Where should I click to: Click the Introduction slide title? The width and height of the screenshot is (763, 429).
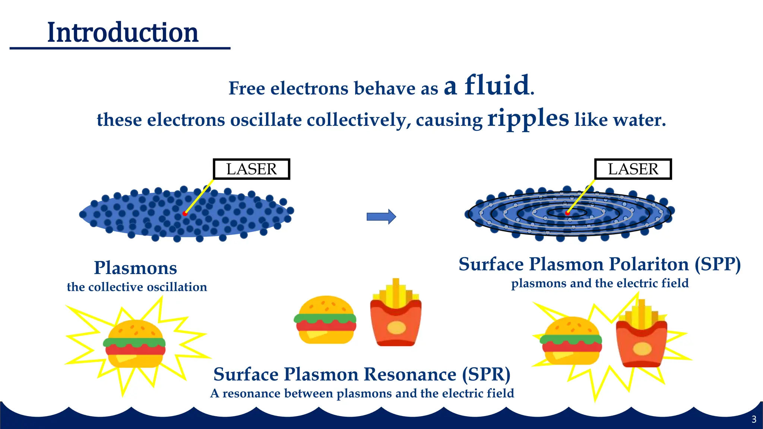click(123, 33)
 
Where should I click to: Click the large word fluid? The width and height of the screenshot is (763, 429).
click(497, 86)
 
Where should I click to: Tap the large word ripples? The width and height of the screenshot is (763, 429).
click(528, 118)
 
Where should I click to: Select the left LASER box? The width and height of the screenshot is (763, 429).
click(251, 169)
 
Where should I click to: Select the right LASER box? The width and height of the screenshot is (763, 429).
click(633, 169)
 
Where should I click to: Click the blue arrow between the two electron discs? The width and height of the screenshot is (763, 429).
click(381, 217)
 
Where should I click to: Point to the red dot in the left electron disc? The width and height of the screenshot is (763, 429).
click(185, 213)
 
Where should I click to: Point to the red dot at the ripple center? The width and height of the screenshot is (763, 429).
click(567, 213)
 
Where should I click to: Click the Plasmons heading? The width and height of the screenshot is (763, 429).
click(135, 268)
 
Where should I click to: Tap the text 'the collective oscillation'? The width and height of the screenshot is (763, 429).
click(137, 287)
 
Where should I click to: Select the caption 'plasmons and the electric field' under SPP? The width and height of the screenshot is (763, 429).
click(599, 283)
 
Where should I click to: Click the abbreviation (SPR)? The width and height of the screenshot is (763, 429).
click(486, 375)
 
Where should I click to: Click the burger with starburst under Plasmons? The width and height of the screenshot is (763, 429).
click(134, 344)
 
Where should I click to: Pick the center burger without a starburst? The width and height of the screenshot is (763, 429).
click(325, 320)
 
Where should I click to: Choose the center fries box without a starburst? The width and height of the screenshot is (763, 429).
click(396, 317)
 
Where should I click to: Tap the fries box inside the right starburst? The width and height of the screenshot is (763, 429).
click(641, 339)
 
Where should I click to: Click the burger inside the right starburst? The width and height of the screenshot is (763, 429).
click(571, 341)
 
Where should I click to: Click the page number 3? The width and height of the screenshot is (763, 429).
click(754, 419)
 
